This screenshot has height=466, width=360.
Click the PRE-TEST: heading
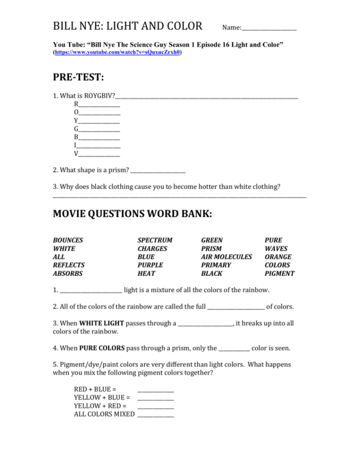[78, 77]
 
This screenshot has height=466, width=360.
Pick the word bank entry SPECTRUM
[155, 240]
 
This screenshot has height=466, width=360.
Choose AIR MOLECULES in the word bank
[226, 257]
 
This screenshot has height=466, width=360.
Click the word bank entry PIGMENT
[279, 273]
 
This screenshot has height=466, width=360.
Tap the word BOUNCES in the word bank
[68, 240]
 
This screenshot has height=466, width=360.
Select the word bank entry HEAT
[146, 273]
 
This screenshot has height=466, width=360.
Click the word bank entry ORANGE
[278, 257]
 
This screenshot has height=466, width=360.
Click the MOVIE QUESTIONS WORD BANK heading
[132, 214]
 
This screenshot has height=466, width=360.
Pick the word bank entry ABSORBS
[67, 273]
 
